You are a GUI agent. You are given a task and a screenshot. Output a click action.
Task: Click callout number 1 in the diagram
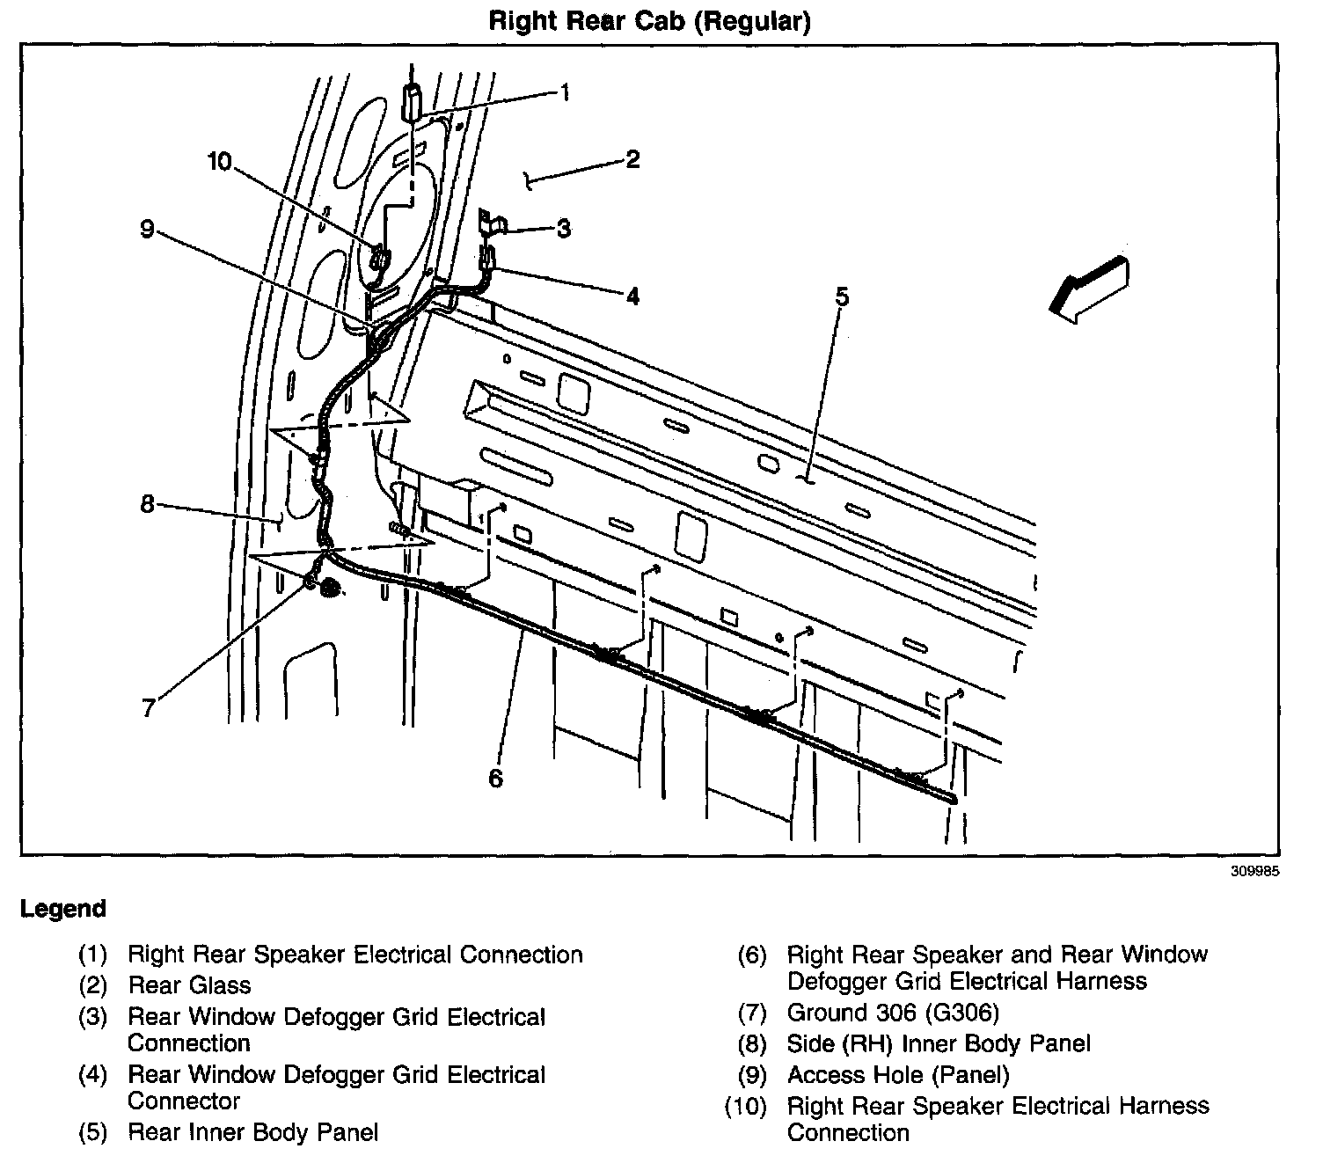[565, 91]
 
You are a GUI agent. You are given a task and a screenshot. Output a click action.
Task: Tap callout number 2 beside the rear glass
[632, 159]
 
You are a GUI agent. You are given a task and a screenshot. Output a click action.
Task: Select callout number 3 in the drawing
[564, 229]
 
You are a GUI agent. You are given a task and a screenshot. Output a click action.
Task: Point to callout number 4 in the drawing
[632, 296]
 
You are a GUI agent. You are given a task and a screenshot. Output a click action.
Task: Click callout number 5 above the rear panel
[842, 296]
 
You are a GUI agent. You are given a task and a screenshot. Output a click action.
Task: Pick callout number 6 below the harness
[496, 778]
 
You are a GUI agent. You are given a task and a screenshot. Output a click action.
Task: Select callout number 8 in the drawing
[147, 504]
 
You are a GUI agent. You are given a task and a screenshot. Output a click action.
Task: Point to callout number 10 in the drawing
[219, 161]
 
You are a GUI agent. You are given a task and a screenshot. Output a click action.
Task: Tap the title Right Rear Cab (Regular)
[649, 21]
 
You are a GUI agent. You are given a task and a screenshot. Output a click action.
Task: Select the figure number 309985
[1255, 873]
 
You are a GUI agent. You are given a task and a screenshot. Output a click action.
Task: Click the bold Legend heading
[63, 909]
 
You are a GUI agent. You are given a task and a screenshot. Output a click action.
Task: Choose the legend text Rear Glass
[189, 985]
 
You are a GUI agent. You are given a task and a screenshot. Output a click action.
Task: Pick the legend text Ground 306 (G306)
[893, 1013]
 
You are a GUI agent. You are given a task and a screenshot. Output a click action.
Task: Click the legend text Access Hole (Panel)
[898, 1074]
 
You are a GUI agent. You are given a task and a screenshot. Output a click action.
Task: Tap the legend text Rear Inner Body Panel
[253, 1131]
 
